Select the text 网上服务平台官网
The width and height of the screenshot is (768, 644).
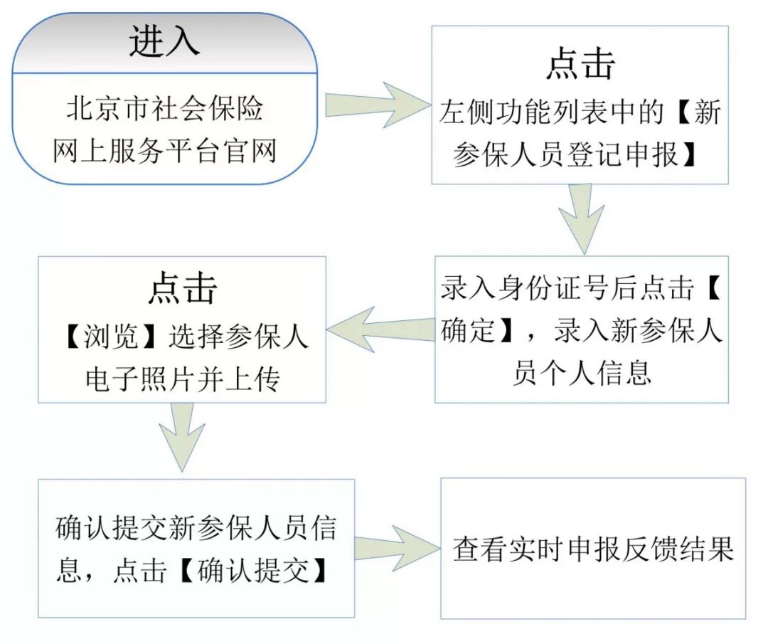(164, 151)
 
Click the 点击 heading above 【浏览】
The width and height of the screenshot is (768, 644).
(182, 289)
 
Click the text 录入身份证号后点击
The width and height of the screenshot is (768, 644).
(566, 290)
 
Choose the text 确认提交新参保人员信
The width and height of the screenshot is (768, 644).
(196, 529)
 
